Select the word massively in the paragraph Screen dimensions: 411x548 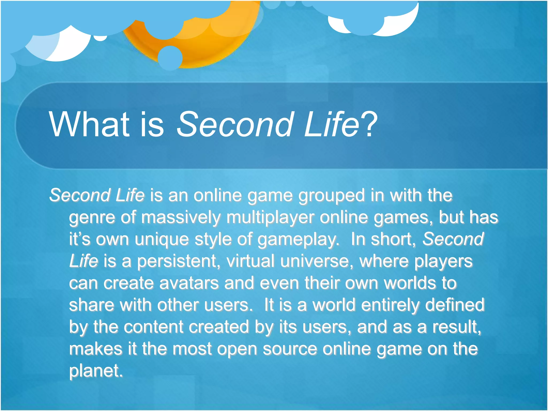click(x=181, y=217)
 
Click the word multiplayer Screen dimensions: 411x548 click(x=270, y=218)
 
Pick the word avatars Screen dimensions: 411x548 click(x=189, y=283)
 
